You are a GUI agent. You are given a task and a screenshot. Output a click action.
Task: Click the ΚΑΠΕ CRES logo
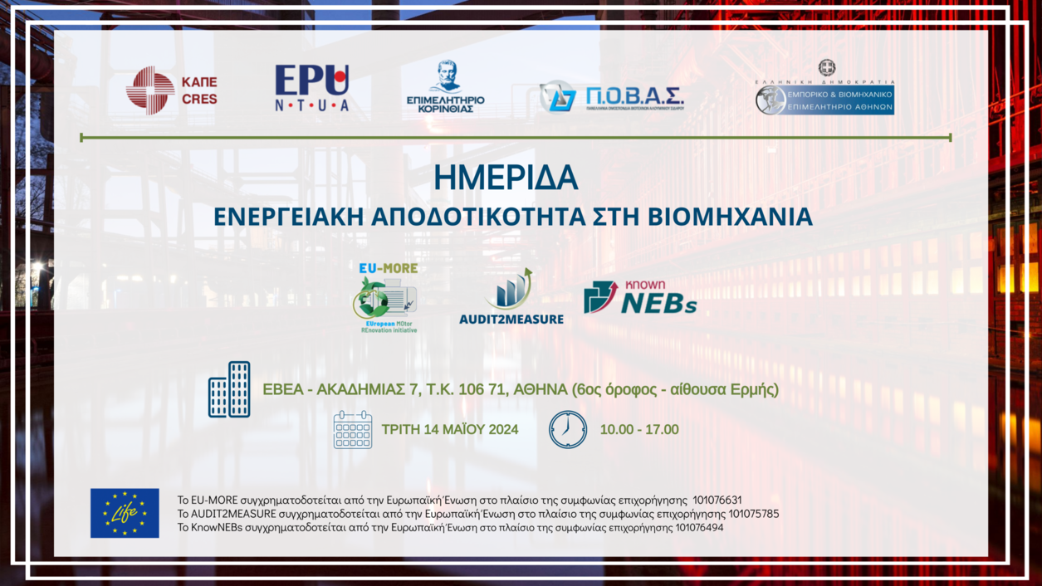(x=172, y=90)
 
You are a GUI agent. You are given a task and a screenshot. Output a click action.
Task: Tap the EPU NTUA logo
(x=312, y=88)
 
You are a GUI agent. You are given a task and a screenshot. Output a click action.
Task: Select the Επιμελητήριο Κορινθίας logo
(x=446, y=87)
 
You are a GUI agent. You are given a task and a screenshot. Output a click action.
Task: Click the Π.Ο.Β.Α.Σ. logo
(x=611, y=97)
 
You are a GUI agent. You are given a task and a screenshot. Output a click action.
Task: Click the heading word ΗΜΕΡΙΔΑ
(x=505, y=177)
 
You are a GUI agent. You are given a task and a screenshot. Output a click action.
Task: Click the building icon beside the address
(x=229, y=389)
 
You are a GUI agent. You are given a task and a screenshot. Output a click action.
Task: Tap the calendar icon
(x=353, y=430)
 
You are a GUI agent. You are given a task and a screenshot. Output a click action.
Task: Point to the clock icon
(x=568, y=430)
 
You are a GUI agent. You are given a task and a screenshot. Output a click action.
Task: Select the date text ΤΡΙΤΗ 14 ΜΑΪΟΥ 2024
(x=450, y=430)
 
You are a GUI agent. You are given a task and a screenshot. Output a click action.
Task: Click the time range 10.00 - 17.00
(x=639, y=430)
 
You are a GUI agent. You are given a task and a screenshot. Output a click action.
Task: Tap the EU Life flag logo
(x=125, y=513)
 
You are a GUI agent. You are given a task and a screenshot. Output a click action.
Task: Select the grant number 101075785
(x=753, y=514)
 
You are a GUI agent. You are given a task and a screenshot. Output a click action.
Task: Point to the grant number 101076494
(x=699, y=527)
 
